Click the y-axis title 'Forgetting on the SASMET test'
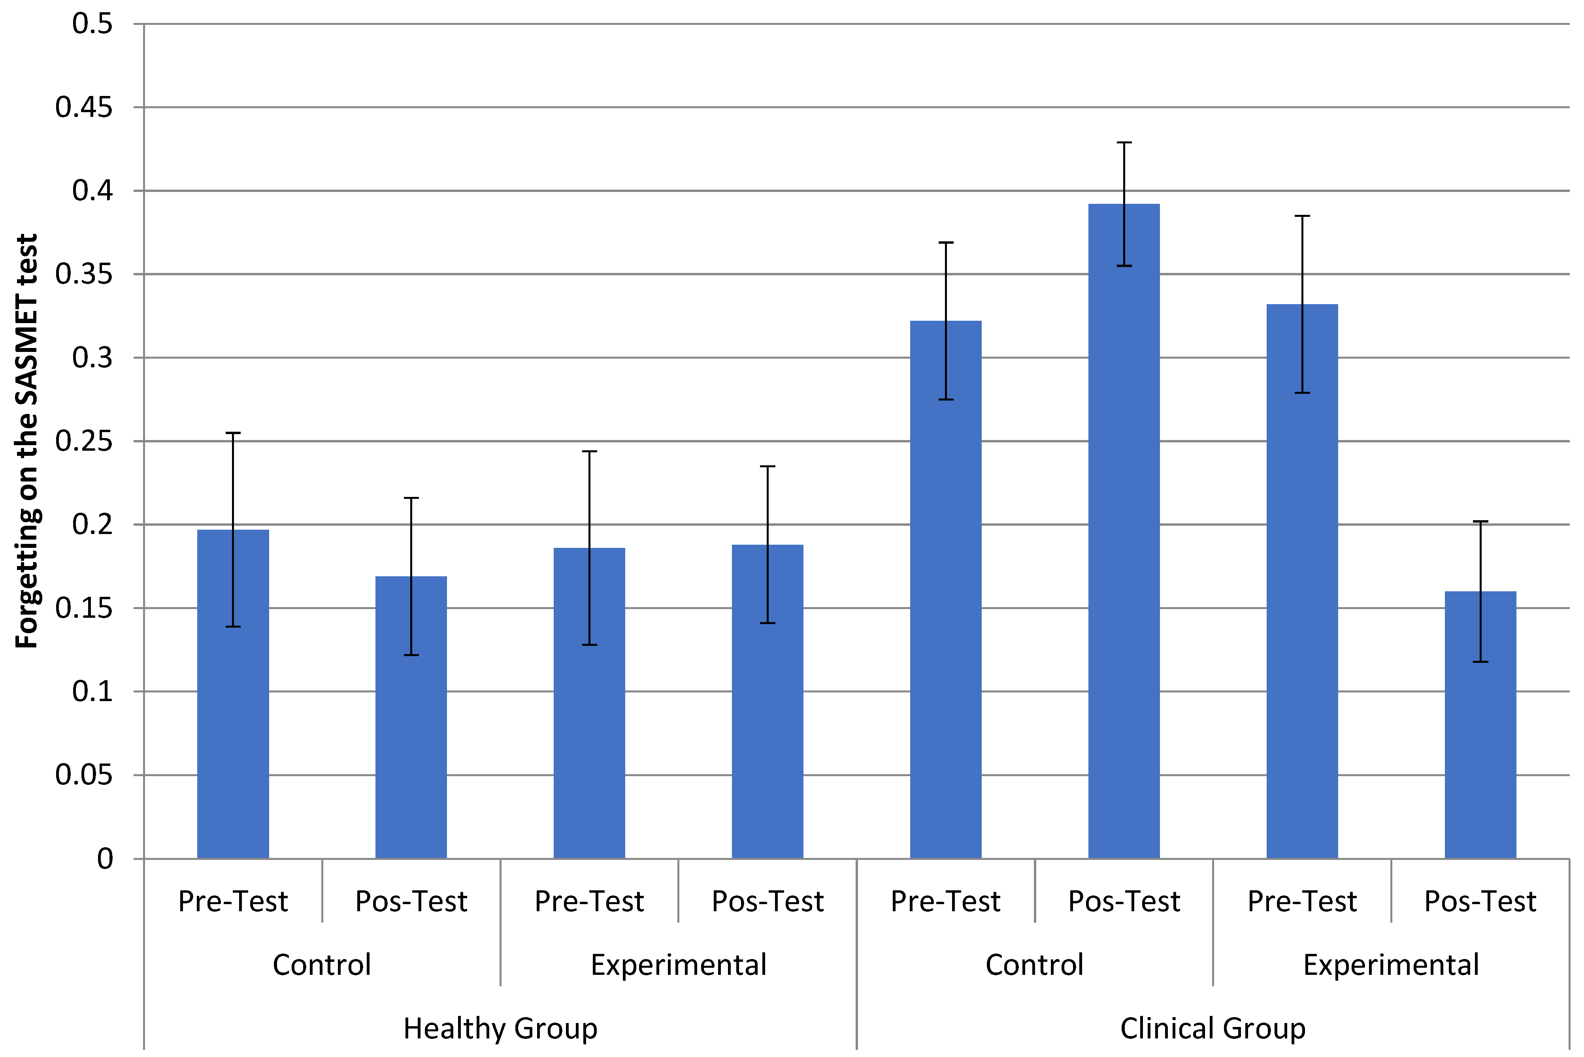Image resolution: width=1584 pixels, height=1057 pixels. point(27,442)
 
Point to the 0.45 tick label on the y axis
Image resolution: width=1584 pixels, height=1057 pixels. point(84,107)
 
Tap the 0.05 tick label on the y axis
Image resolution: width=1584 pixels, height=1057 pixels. point(84,775)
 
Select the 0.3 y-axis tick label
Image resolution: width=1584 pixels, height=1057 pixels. point(92,357)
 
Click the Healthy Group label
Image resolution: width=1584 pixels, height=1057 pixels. point(500,1029)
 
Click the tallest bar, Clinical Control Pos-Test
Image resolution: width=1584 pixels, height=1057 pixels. point(1124,531)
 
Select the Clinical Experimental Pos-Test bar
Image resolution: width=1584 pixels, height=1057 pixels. point(1481,725)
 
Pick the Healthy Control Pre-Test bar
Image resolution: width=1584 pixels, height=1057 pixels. point(233,694)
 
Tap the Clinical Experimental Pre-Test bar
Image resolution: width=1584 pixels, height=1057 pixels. point(1302,582)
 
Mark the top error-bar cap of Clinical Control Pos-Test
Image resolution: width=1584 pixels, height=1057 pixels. point(1124,143)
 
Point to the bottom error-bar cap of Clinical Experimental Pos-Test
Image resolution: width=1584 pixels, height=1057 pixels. point(1481,662)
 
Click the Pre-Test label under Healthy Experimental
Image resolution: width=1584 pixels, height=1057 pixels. point(589,901)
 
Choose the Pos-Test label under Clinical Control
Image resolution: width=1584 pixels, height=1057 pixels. point(1124,901)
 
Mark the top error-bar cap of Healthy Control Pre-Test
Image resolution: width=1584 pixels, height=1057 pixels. point(233,433)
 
